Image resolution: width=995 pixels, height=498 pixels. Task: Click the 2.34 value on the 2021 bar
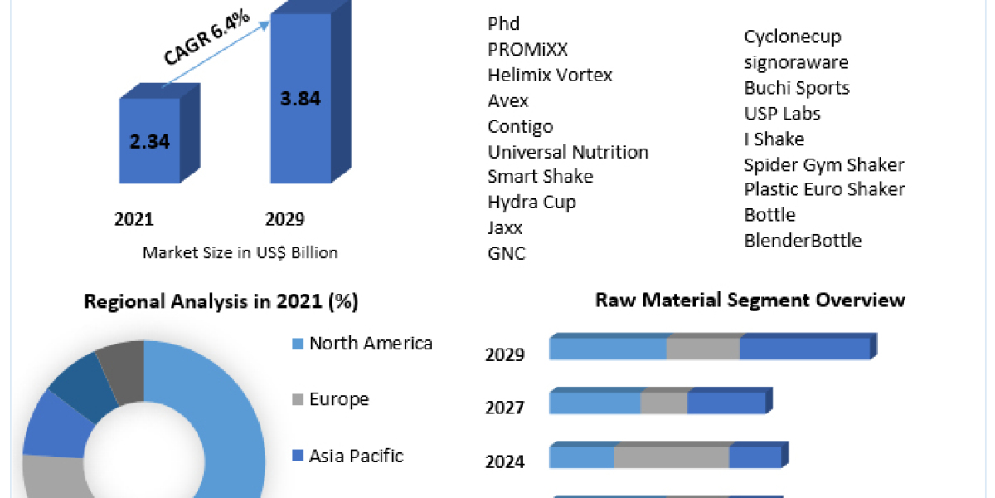pos(150,141)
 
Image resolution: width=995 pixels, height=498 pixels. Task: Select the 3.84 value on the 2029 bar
pos(300,98)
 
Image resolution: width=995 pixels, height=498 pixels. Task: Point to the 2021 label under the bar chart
pos(134,219)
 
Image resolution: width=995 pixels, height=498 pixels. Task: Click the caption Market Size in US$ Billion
pos(240,252)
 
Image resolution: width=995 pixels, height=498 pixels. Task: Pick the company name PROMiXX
pos(528,49)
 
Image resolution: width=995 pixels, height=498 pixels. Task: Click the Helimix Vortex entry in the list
pos(550,75)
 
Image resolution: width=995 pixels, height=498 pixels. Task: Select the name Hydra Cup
pos(531,202)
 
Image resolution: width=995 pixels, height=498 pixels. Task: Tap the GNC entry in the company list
pos(507,253)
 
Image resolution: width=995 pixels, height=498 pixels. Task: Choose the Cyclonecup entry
pos(793,37)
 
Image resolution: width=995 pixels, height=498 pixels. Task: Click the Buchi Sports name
pos(797,87)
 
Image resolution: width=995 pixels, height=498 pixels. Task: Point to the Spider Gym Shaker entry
pos(824,164)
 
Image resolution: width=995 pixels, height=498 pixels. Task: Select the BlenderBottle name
pos(803,241)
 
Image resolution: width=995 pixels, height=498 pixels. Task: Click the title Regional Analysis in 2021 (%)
pos(221,301)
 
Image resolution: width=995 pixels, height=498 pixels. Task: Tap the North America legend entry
pos(371,343)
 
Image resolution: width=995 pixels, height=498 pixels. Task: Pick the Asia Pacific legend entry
pos(356,455)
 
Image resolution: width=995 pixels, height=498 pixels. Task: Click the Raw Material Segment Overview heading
pos(750,300)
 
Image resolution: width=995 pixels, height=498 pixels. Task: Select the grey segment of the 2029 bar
pos(703,349)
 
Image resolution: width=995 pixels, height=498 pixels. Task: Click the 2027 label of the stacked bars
pos(505,408)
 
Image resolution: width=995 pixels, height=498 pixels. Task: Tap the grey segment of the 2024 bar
pos(672,457)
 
